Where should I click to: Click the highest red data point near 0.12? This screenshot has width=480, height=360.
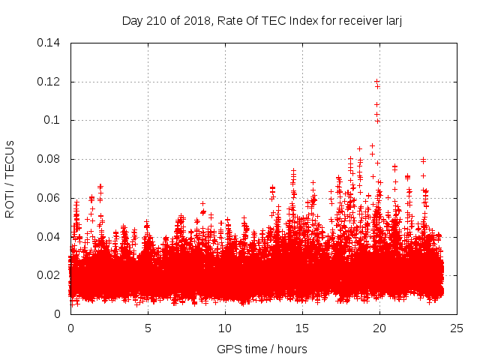376,82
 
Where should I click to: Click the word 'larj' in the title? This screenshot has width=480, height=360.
392,20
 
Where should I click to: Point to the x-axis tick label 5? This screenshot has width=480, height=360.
148,328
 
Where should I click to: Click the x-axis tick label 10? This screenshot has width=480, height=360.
225,328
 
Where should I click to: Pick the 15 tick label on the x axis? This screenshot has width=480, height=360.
302,328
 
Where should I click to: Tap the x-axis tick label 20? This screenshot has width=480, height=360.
379,328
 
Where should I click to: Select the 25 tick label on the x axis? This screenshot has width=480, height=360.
457,328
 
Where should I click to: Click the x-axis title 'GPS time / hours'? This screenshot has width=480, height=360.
262,349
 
